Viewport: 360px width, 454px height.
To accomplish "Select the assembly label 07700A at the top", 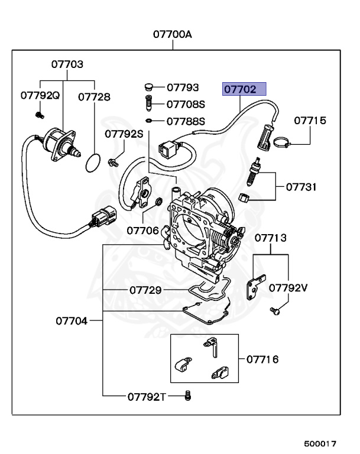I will pos(173,34).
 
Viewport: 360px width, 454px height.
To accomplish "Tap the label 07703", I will pos(67,64).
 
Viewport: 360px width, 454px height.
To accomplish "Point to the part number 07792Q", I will pos(40,95).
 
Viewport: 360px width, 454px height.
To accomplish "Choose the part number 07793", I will pos(183,87).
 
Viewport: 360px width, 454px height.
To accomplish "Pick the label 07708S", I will pos(185,105).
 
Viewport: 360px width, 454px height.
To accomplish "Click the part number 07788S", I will pos(185,122).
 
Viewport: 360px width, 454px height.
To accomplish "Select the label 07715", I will pos(310,121).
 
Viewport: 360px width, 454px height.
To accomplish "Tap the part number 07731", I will pos(301,187).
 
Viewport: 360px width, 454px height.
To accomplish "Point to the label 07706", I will pos(143,230).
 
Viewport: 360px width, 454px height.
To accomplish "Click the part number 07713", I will pos(271,238).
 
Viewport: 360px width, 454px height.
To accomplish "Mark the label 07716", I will pos(262,359).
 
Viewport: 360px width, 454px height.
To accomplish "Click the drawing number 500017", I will pos(320,443).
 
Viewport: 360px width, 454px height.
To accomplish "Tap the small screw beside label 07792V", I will pos(274,310).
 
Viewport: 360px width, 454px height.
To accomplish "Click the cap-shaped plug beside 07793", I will pos(149,87).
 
